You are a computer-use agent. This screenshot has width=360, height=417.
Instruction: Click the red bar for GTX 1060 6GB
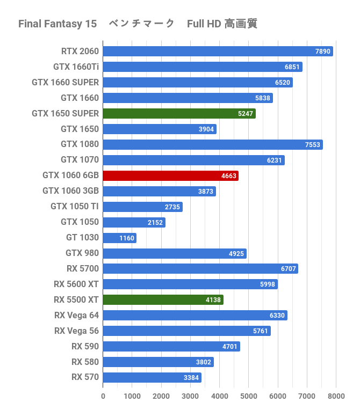170,175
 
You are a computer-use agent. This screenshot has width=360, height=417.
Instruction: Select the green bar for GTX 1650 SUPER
178,113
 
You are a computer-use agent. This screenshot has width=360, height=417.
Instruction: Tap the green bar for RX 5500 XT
162,300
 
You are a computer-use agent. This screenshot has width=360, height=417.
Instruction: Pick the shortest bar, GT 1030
119,238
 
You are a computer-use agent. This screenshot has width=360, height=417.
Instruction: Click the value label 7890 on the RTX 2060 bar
323,52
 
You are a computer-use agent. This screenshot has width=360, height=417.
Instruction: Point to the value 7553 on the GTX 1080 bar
313,145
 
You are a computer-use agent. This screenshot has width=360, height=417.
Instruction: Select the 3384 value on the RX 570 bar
191,378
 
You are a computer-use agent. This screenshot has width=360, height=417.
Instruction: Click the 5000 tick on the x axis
249,397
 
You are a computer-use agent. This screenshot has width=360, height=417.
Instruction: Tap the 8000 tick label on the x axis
336,397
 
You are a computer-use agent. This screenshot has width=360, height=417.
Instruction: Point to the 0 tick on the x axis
103,397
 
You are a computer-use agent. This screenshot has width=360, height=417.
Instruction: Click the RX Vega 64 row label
76,315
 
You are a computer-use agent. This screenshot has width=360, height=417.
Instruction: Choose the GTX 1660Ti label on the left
76,67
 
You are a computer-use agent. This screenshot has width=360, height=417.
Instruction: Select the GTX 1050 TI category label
75,207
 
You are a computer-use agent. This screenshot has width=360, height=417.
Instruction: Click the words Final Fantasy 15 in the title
57,24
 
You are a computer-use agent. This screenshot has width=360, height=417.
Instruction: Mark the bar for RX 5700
200,269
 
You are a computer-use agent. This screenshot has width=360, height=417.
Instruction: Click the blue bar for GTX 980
174,253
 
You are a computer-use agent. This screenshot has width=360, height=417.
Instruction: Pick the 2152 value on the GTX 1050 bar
155,222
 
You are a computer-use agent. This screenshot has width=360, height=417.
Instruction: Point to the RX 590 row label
85,346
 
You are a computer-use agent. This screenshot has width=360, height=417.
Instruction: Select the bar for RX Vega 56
186,331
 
